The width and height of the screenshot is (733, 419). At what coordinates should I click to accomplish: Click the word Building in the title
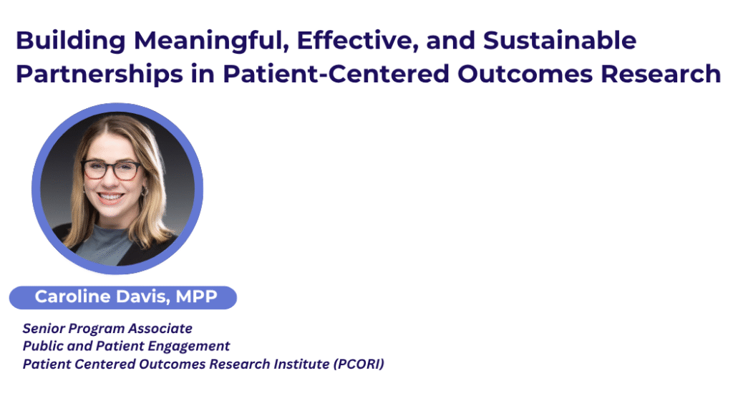point(71,41)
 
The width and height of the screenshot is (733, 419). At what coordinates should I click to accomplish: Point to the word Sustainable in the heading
point(560,39)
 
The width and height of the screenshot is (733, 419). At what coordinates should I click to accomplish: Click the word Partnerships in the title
point(99,74)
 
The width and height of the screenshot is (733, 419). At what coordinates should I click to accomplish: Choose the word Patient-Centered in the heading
point(336,74)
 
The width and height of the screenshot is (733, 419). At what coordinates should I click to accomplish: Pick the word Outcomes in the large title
point(525,74)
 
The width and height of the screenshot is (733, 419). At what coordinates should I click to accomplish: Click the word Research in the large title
point(661,74)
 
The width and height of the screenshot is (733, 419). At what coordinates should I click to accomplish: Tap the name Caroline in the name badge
point(72,297)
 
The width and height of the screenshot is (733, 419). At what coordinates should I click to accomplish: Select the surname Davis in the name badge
point(143,297)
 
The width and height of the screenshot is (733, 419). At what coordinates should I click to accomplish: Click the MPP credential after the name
point(196,297)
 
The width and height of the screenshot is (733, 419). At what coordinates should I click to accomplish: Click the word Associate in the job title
point(160,329)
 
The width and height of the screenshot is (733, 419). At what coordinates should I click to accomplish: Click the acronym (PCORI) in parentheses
point(359,365)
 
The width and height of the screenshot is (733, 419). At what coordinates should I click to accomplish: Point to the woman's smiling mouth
point(110,197)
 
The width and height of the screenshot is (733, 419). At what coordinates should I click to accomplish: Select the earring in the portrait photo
point(145,191)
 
